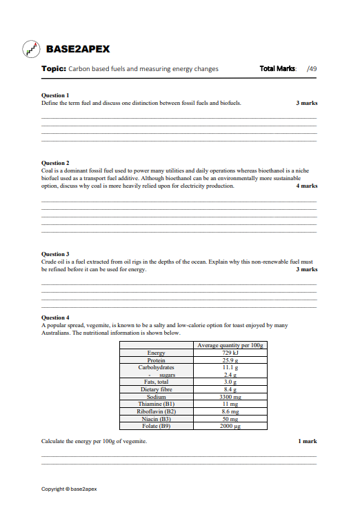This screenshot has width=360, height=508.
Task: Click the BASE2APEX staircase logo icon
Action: pyautogui.click(x=31, y=50)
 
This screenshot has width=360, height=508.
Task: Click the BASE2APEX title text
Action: pyautogui.click(x=77, y=50)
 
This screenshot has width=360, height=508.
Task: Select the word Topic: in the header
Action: pyautogui.click(x=54, y=69)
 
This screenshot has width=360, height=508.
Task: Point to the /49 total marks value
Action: pyautogui.click(x=312, y=69)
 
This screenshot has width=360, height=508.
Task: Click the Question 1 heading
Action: pyautogui.click(x=55, y=95)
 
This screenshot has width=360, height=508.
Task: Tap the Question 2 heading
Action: pyautogui.click(x=55, y=163)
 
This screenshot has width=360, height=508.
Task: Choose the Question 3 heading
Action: pyautogui.click(x=55, y=254)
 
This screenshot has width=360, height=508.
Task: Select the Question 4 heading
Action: pyautogui.click(x=55, y=317)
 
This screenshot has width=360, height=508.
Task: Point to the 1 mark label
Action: pyautogui.click(x=308, y=441)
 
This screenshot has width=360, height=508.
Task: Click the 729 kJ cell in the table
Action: pyautogui.click(x=230, y=353)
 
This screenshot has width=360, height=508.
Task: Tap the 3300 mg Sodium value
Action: pyautogui.click(x=230, y=397)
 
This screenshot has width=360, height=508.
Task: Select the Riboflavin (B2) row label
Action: pyautogui.click(x=157, y=411)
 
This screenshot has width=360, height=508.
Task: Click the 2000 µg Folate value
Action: pyautogui.click(x=230, y=426)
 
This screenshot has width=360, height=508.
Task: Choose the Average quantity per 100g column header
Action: pyautogui.click(x=230, y=345)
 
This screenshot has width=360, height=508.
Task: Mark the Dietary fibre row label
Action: pyautogui.click(x=157, y=389)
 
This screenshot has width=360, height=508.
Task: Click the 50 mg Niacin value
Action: pyautogui.click(x=230, y=419)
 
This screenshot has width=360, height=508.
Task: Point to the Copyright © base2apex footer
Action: pyautogui.click(x=69, y=489)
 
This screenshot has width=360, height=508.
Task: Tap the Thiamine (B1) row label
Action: pyautogui.click(x=157, y=404)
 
